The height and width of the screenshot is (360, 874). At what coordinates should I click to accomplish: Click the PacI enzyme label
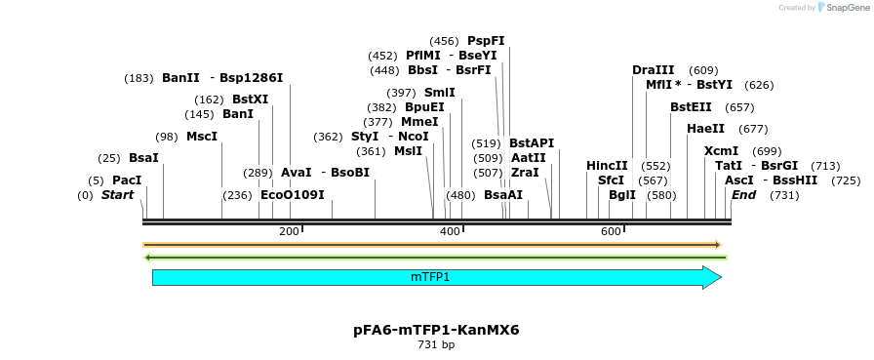coord(127,180)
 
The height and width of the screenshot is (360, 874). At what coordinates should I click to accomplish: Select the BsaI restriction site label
coord(143,158)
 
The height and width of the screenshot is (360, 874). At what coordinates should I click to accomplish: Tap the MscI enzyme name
coord(202,137)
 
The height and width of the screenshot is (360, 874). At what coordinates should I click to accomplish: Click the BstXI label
coord(250,100)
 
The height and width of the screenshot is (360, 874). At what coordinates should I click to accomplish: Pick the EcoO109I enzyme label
coord(292,195)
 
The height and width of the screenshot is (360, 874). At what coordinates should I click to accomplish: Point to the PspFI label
coord(486,41)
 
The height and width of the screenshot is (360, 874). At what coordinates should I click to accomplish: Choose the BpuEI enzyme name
coord(424,107)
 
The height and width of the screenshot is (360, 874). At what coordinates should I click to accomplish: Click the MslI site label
coord(408,151)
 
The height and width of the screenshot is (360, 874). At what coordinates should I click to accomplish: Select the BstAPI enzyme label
coord(532,143)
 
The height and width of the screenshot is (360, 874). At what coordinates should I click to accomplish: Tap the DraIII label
coord(653,70)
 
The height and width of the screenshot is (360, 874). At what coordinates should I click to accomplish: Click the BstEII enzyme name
coord(691,107)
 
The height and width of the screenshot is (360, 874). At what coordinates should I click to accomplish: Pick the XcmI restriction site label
coord(721,151)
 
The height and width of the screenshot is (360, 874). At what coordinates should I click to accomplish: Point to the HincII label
coord(607,166)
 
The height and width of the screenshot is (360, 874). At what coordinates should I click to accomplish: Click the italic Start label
coord(117,195)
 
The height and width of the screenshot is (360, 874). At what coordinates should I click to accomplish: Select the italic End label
coord(743,195)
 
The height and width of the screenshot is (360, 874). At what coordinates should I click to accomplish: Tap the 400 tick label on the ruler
coord(450,231)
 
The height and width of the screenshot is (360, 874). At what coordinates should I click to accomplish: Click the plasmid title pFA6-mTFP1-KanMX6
coord(436,330)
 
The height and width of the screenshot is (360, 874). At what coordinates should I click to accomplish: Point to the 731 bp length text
coord(436,345)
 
